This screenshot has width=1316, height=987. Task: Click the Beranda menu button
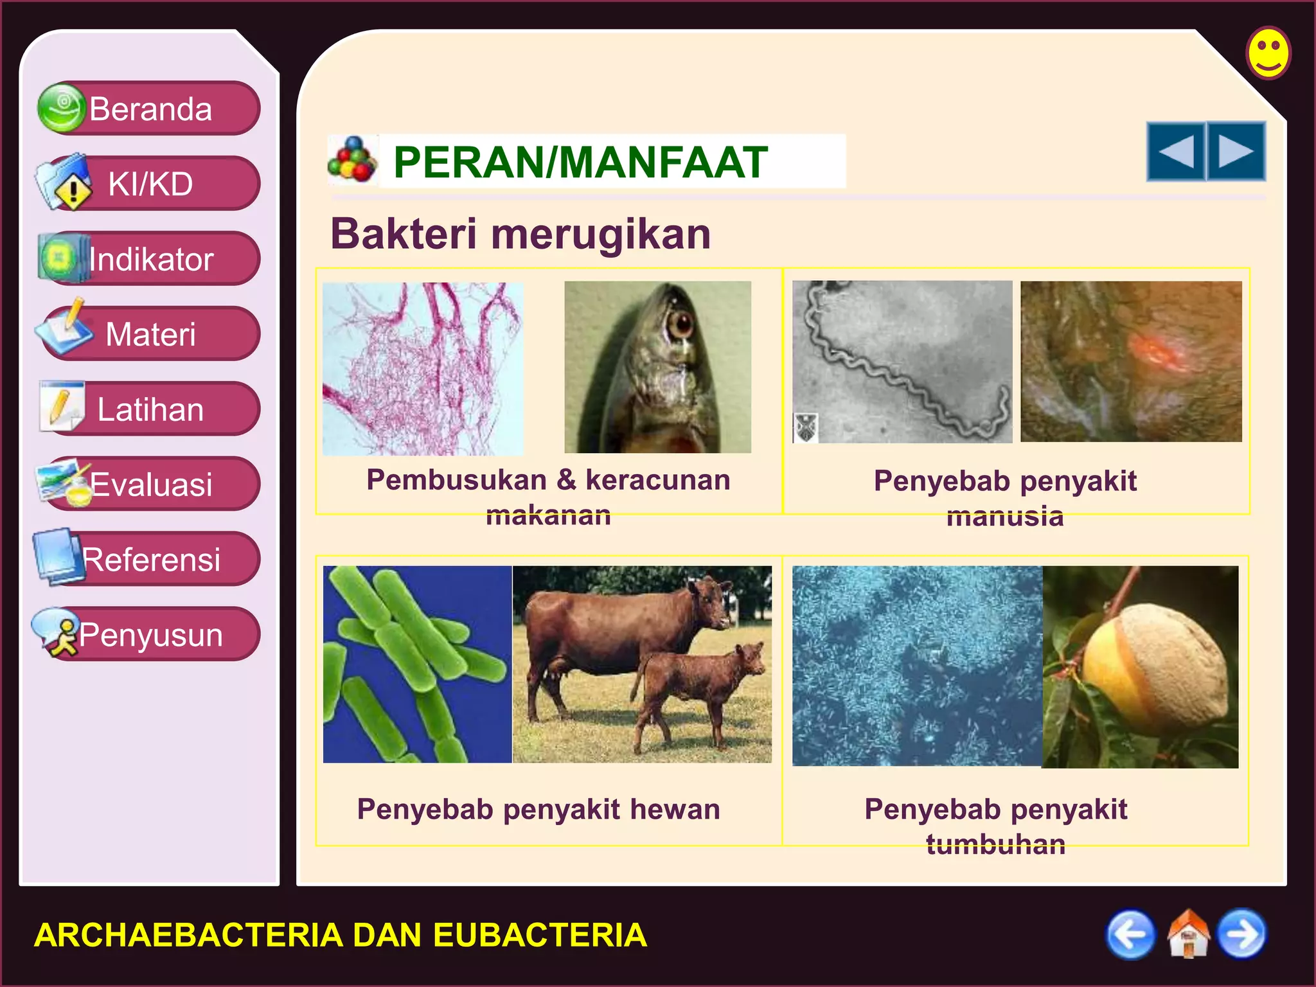click(150, 109)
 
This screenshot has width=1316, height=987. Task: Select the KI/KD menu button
click(150, 184)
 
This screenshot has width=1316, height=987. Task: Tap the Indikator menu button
click(150, 259)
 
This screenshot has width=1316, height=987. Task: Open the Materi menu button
click(150, 334)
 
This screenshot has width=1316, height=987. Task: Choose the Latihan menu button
click(150, 409)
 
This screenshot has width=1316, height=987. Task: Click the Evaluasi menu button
click(150, 484)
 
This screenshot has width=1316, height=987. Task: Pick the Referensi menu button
click(150, 559)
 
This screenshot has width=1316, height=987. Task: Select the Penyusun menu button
click(150, 634)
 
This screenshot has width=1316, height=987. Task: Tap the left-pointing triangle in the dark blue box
click(1175, 152)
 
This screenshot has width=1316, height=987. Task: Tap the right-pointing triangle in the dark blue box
click(1236, 152)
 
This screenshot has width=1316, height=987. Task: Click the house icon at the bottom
click(1188, 934)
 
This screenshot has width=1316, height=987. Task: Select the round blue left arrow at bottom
click(1130, 934)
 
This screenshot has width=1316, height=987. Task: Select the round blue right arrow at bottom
click(1242, 934)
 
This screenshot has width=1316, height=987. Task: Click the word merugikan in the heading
click(601, 234)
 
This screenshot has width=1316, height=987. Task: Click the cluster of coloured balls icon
click(351, 160)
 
